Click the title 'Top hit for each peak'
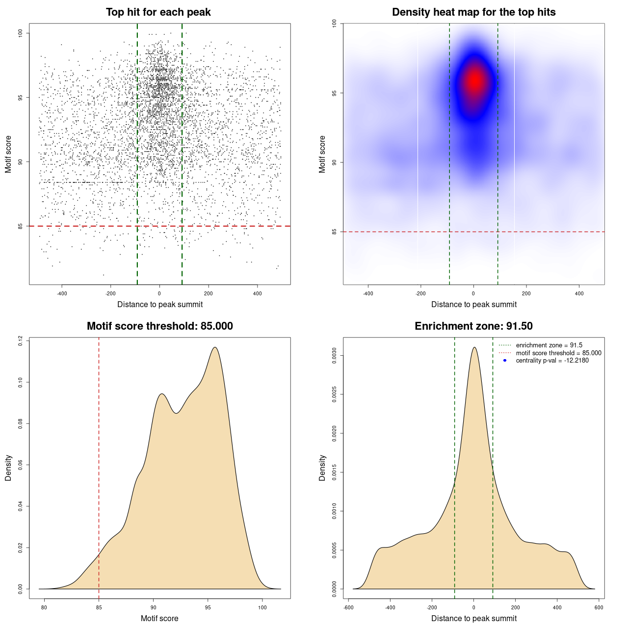tap(158, 12)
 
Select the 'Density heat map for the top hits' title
tap(473, 12)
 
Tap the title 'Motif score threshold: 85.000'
tap(159, 326)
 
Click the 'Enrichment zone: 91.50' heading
tap(473, 326)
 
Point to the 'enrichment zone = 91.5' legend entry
tap(549, 345)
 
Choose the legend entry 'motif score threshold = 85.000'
tap(558, 353)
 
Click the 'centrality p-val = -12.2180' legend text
tap(552, 361)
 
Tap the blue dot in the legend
tap(505, 361)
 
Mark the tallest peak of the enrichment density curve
tap(474, 347)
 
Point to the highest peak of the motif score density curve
tap(214, 347)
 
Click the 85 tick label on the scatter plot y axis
tap(21, 226)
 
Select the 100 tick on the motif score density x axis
tap(262, 607)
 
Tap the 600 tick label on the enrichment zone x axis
tap(599, 607)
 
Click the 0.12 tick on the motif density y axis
tap(21, 340)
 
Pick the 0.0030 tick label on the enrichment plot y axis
tap(335, 354)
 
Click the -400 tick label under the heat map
tap(368, 293)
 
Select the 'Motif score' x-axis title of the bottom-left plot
tap(159, 618)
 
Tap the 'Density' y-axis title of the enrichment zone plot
tap(322, 468)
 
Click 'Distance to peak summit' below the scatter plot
tap(160, 304)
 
